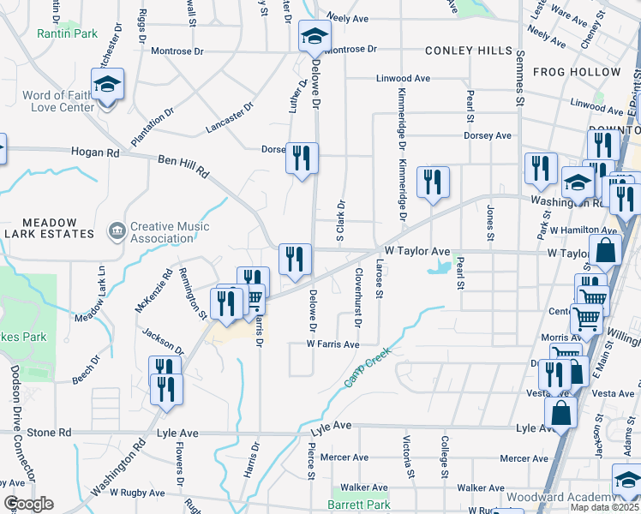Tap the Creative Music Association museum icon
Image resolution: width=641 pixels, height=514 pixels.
(x=117, y=231)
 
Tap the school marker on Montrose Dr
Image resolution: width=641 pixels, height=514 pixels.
(x=315, y=38)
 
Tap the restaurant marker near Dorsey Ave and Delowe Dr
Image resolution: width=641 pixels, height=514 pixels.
(x=301, y=158)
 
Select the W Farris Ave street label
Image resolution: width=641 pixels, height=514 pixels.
(x=332, y=344)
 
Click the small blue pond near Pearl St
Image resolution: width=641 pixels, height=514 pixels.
(x=440, y=268)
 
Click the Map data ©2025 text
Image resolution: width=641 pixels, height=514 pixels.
(x=605, y=507)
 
